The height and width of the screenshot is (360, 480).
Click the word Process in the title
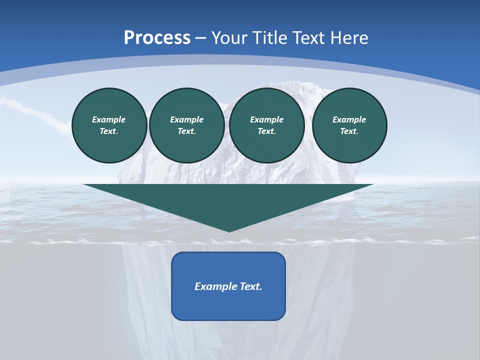click(x=157, y=38)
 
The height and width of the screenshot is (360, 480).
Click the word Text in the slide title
click(x=308, y=38)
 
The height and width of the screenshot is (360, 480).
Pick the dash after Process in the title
click(x=201, y=38)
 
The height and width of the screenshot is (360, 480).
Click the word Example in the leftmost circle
click(x=109, y=119)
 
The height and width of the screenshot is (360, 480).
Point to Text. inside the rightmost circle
click(x=349, y=131)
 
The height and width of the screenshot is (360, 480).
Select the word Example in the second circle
click(x=187, y=119)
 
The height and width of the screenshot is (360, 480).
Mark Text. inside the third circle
click(x=267, y=131)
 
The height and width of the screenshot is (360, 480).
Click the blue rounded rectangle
click(x=228, y=305)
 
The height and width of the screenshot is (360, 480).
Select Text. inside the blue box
click(x=250, y=286)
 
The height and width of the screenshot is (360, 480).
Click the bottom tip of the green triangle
click(x=229, y=230)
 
